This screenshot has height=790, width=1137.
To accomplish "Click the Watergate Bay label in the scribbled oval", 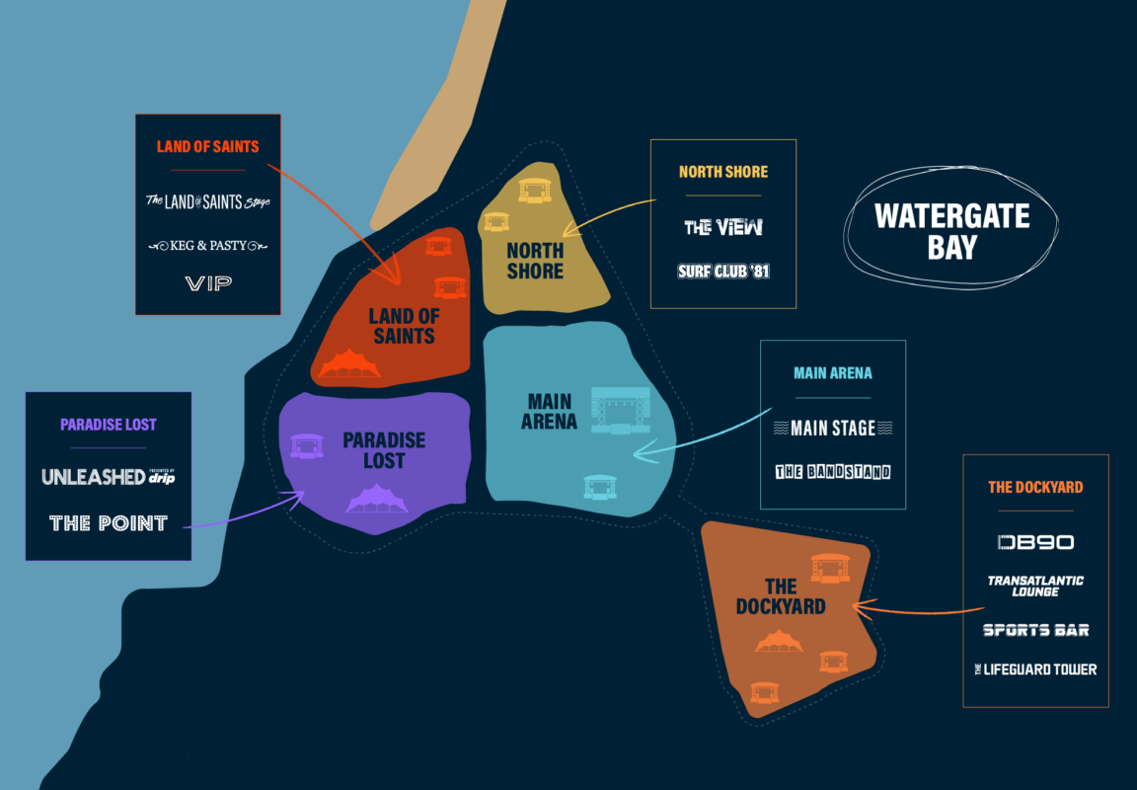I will [x=951, y=231].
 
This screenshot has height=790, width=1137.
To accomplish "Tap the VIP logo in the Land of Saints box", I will [x=208, y=284].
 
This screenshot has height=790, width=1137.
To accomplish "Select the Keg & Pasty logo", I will [x=207, y=245].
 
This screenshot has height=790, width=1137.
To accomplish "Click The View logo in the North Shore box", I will [x=723, y=227].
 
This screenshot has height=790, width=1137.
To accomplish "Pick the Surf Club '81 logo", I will [x=723, y=271].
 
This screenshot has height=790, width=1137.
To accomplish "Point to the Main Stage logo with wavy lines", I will [x=833, y=428].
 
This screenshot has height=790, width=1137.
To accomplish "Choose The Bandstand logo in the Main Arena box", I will [x=833, y=472].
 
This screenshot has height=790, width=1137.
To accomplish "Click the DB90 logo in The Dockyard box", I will [x=1035, y=542].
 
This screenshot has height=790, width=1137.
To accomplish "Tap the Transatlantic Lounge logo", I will [x=1035, y=586].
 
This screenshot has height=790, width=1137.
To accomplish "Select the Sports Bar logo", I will [x=1035, y=630].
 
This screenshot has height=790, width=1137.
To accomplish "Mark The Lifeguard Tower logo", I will [x=1035, y=670].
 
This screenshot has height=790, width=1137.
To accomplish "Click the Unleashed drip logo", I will [x=109, y=477].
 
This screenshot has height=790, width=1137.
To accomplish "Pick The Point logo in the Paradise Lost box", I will [x=109, y=523].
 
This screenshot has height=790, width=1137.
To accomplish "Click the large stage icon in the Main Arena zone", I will [x=621, y=411].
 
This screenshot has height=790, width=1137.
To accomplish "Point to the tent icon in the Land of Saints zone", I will [x=348, y=364].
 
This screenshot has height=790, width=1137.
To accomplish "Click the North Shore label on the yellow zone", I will [x=535, y=261].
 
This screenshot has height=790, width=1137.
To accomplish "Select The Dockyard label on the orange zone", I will [x=780, y=596].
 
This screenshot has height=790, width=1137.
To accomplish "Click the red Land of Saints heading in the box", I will [x=207, y=147].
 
